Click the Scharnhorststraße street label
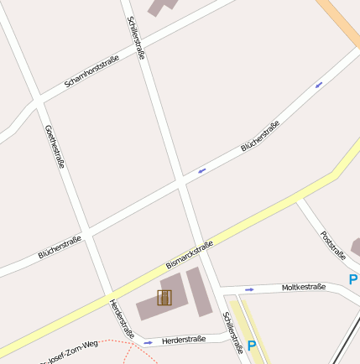[x=91, y=72]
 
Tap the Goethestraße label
[x=54, y=147]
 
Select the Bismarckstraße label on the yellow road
[x=190, y=255]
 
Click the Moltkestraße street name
[x=303, y=287]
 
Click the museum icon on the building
[x=164, y=297]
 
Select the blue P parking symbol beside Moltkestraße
[x=353, y=279]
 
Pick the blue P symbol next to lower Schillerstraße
[x=251, y=345]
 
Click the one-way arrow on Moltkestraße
[x=249, y=290]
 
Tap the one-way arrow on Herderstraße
[x=148, y=342]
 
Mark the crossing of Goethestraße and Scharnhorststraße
[x=38, y=101]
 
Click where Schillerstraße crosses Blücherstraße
[x=181, y=179]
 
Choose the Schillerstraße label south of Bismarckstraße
[x=232, y=333]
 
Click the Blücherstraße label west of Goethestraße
[x=60, y=247]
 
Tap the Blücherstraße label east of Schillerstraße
[x=260, y=136]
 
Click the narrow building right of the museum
[x=199, y=292]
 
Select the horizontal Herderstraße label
[x=184, y=340]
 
